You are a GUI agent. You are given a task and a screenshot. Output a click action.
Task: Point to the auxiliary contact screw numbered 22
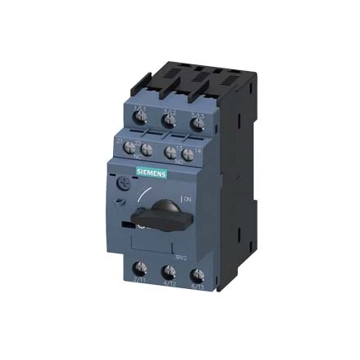coord(147,149)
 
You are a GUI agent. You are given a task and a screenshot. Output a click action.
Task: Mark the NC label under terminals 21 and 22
coord(139,159)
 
